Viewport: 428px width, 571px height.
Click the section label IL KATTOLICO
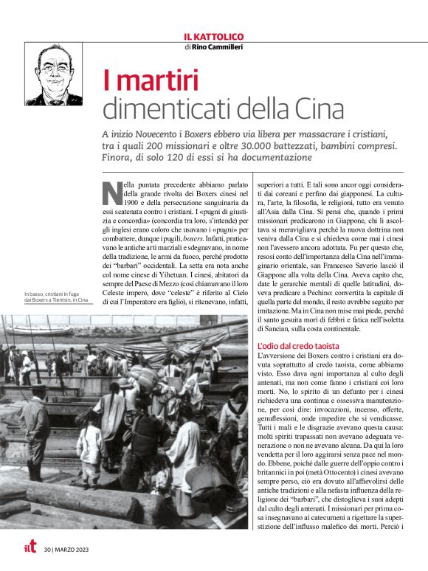[213, 37]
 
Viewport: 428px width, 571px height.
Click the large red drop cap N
[111, 193]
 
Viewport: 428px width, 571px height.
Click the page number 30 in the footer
[47, 550]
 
